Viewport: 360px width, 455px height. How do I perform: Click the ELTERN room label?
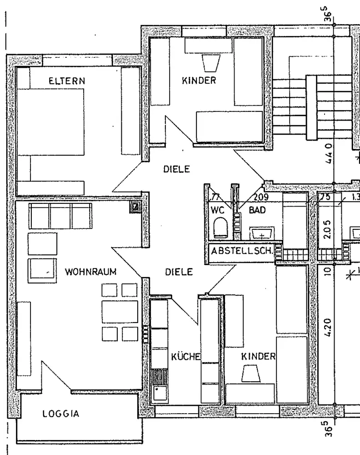[x=67, y=81]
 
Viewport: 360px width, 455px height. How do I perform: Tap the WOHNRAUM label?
[x=91, y=273]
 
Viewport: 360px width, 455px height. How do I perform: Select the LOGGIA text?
[x=61, y=414]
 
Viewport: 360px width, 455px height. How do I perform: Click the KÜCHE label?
[x=185, y=357]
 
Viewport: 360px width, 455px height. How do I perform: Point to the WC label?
[x=218, y=211]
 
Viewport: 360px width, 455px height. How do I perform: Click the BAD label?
[x=257, y=211]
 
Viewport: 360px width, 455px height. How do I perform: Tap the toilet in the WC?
[x=220, y=228]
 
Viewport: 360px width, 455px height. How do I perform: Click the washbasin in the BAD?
[x=262, y=234]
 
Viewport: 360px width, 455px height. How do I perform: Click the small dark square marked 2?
[x=135, y=207]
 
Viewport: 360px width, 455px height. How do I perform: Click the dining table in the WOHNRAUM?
[x=120, y=312]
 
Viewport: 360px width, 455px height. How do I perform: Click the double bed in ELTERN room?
[x=50, y=122]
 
